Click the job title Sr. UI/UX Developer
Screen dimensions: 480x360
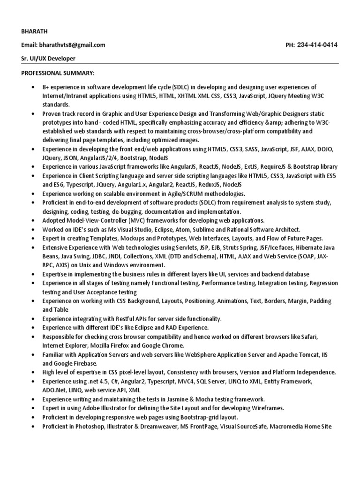pyautogui.click(x=48, y=59)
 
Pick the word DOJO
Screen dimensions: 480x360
pyautogui.click(x=324, y=149)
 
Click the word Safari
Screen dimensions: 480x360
pyautogui.click(x=323, y=337)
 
